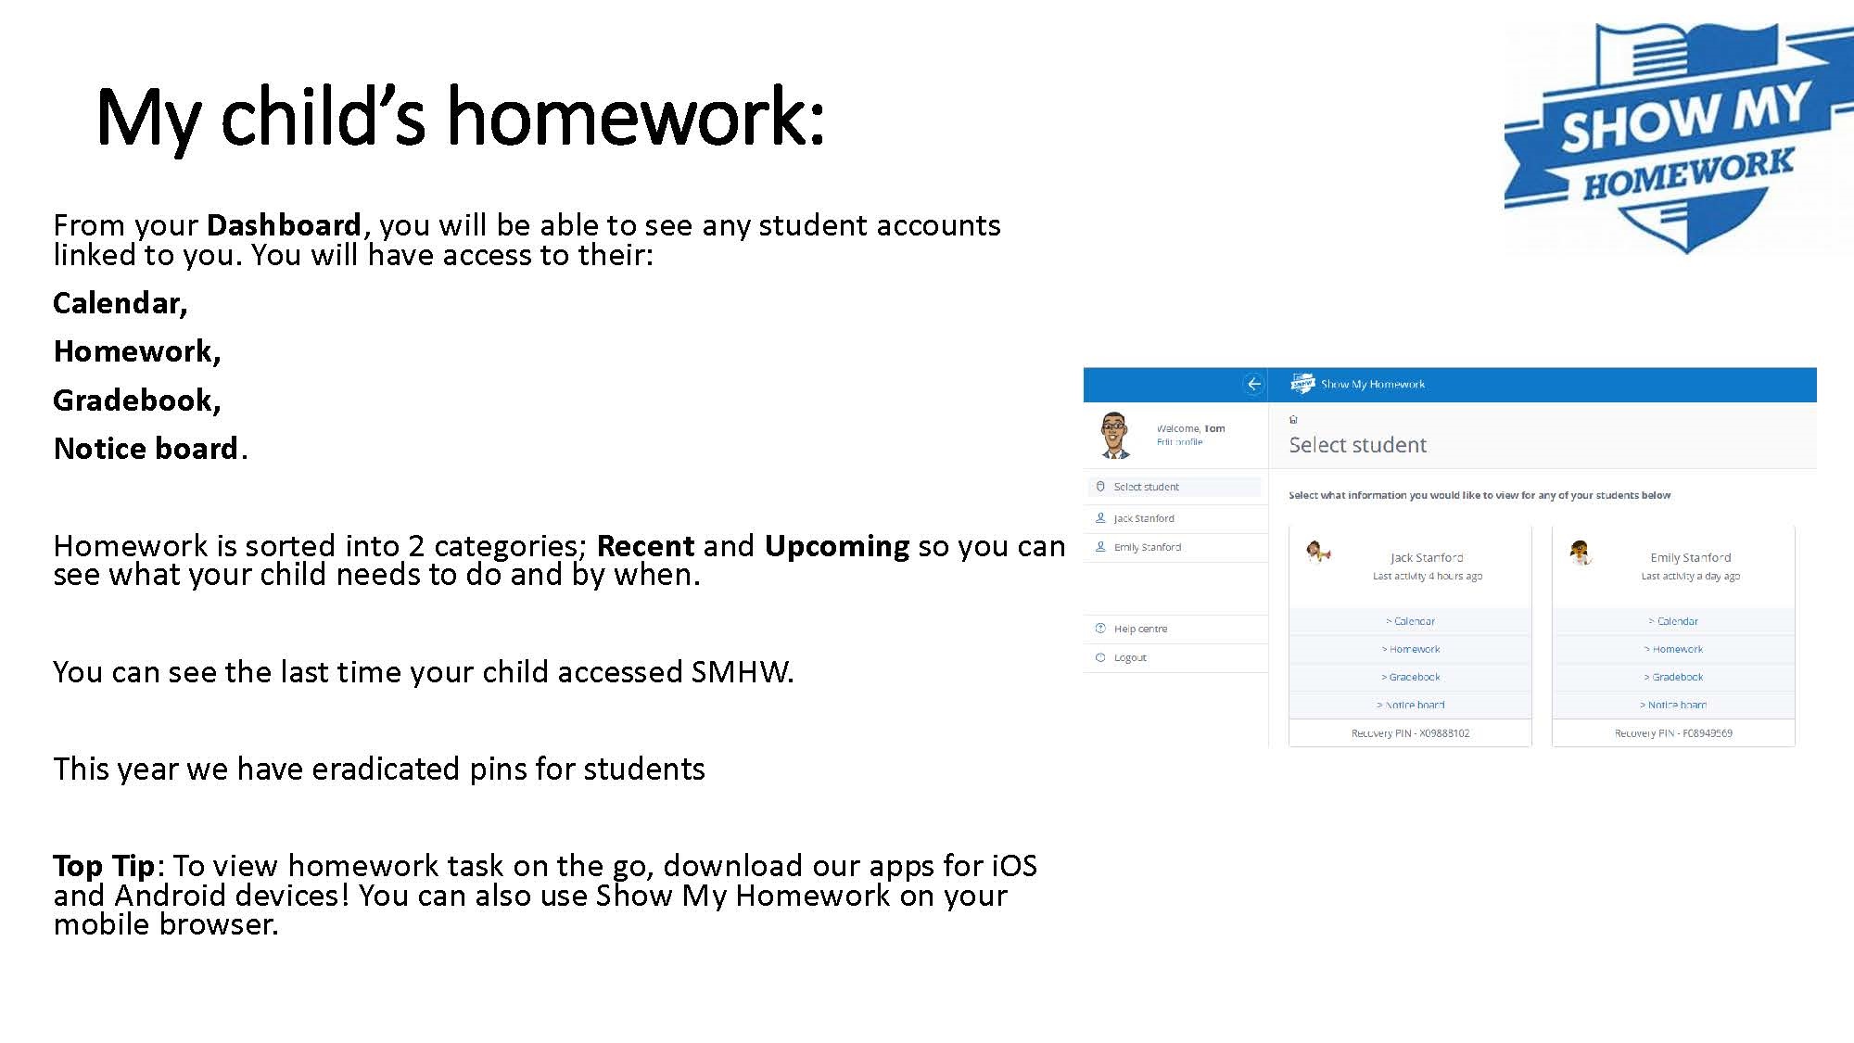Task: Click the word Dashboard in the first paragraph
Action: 283,225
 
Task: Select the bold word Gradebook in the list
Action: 135,401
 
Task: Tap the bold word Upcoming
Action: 836,546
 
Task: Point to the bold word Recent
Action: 645,546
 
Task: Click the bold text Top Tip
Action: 103,866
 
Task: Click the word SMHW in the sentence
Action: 741,672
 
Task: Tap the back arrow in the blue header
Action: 1253,384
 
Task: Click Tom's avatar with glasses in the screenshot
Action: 1115,435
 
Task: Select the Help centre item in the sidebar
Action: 1139,629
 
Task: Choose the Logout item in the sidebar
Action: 1129,657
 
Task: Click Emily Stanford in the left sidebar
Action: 1147,547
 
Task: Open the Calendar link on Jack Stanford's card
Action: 1413,621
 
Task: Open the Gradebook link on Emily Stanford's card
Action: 1676,677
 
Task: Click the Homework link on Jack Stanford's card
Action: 1413,649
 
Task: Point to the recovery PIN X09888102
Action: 1410,733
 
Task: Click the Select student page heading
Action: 1357,445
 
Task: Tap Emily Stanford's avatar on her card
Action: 1581,553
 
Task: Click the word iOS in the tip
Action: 1014,866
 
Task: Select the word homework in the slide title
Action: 635,118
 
